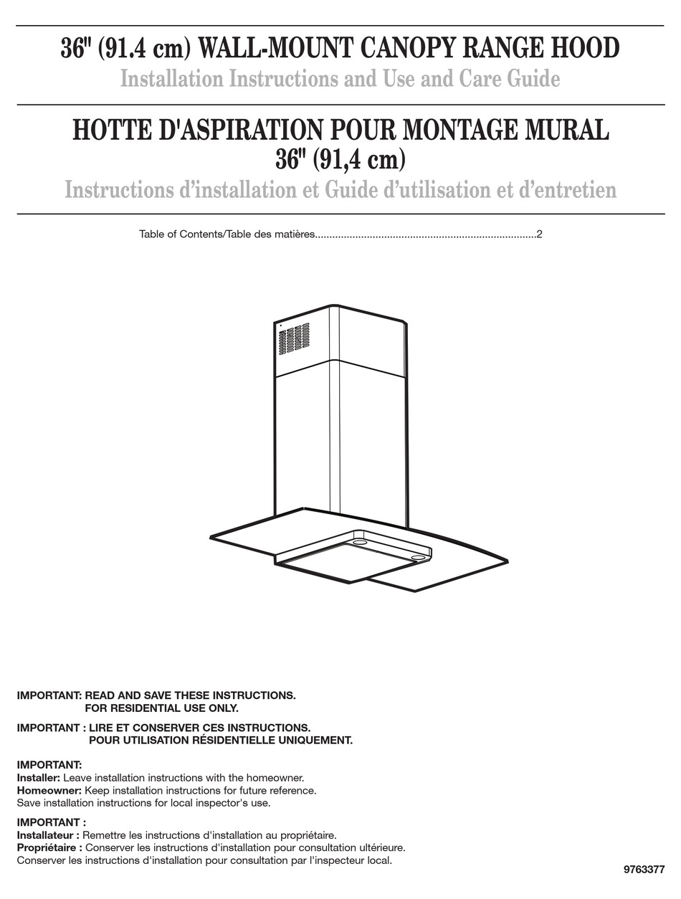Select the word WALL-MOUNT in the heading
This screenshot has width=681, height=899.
coord(262,48)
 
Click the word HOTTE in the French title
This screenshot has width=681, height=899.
coord(106,130)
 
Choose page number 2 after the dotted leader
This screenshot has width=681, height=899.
coord(539,234)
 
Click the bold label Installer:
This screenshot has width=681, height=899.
coord(39,778)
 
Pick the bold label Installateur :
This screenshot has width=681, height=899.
coord(47,835)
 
